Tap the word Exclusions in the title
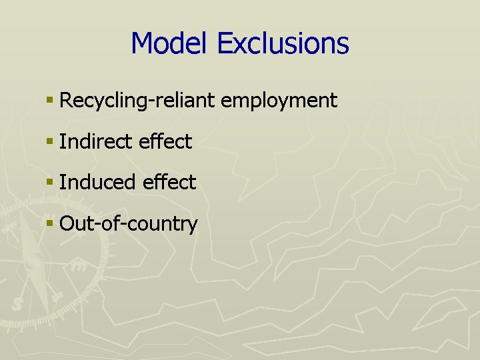pyautogui.click(x=283, y=43)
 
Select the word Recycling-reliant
pyautogui.click(x=137, y=101)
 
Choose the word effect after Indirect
pyautogui.click(x=165, y=141)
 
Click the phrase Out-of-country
pyautogui.click(x=128, y=223)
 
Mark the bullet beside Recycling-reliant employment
pyautogui.click(x=49, y=101)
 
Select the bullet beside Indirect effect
pyautogui.click(x=49, y=142)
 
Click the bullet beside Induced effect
pyautogui.click(x=49, y=183)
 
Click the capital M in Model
pyautogui.click(x=142, y=43)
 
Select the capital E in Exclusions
pyautogui.click(x=225, y=43)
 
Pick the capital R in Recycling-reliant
pyautogui.click(x=65, y=101)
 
